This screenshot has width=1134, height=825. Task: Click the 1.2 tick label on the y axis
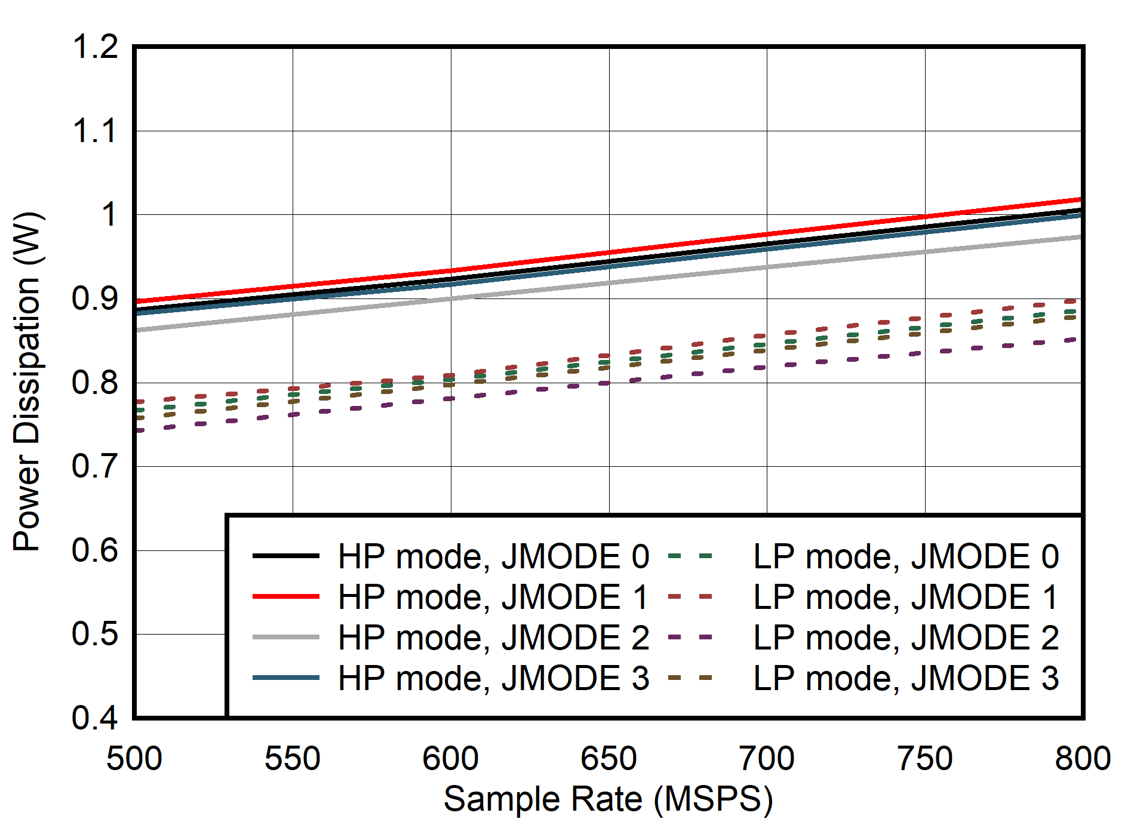[x=95, y=47]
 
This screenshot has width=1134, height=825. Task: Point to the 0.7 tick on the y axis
[x=95, y=466]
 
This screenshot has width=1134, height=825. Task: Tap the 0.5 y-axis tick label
[x=95, y=634]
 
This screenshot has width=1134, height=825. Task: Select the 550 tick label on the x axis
[x=293, y=759]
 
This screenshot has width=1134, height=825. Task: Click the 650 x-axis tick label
[x=609, y=759]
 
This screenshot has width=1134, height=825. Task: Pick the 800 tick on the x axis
[x=1082, y=759]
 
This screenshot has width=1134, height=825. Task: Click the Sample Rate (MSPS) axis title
[x=608, y=799]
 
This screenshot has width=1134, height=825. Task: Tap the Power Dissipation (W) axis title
[x=27, y=382]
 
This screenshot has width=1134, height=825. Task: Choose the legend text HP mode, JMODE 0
[x=493, y=556]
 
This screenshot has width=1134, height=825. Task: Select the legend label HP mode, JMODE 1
[x=493, y=597]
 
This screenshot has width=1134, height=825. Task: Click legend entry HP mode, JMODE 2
[x=493, y=638]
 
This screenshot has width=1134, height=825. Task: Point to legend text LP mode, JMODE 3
[x=906, y=678]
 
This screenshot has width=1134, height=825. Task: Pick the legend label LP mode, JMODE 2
[x=906, y=638]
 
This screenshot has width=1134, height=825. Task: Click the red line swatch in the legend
[x=285, y=596]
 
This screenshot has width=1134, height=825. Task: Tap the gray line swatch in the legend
[x=285, y=637]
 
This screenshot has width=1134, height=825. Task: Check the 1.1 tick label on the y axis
[x=95, y=131]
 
